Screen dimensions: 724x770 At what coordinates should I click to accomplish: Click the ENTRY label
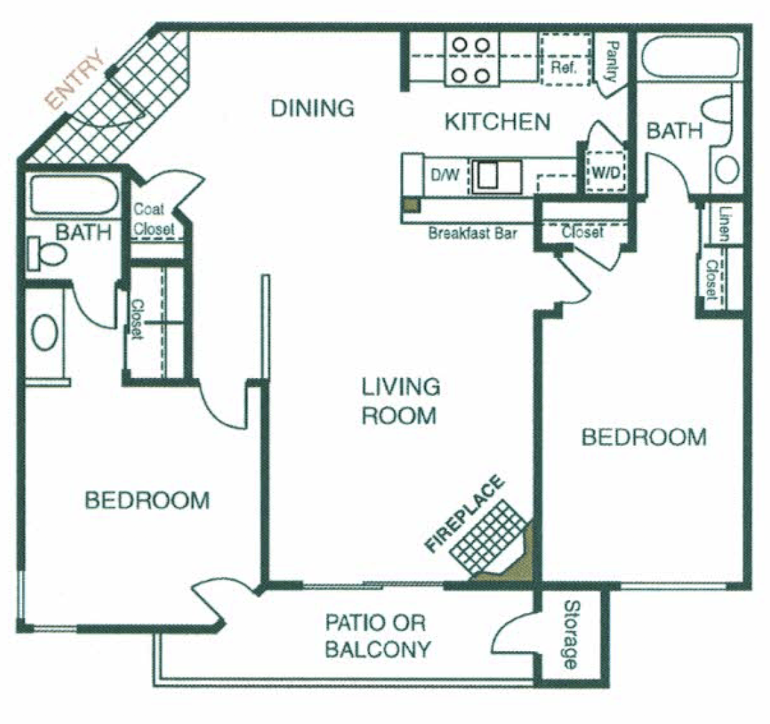(x=74, y=81)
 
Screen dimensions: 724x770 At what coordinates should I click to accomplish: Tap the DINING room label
(x=312, y=108)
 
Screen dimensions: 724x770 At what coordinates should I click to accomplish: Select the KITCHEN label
(x=497, y=123)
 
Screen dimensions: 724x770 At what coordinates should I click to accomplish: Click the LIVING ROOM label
(x=400, y=401)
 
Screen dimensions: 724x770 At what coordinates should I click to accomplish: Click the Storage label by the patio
(x=570, y=635)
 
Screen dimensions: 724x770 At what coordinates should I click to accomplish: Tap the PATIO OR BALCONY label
(x=378, y=636)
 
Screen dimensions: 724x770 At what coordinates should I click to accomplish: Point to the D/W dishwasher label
(x=445, y=175)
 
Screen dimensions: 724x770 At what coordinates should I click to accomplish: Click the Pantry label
(x=612, y=61)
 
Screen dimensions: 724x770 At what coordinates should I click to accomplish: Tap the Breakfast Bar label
(x=473, y=234)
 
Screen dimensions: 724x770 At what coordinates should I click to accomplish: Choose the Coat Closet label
(x=153, y=218)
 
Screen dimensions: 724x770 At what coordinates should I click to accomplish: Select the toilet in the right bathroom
(x=718, y=114)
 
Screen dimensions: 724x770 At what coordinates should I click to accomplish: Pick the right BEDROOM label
(x=643, y=438)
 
